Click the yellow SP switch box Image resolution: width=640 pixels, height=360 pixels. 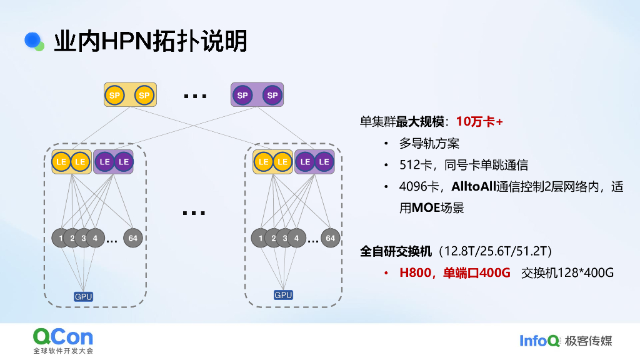pyautogui.click(x=130, y=95)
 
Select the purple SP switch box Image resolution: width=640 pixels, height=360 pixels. pyautogui.click(x=257, y=95)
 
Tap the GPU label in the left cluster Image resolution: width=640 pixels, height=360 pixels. pyautogui.click(x=83, y=296)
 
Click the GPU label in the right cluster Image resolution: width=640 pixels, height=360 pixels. pyautogui.click(x=283, y=295)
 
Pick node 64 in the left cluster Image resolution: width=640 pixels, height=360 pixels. pyautogui.click(x=132, y=238)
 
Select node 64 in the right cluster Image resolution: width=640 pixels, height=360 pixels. pyautogui.click(x=330, y=238)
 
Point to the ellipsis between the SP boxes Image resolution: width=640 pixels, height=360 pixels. pyautogui.click(x=194, y=96)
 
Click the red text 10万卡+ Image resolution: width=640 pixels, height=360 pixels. pyautogui.click(x=479, y=121)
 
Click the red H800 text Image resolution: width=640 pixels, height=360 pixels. pyautogui.click(x=417, y=273)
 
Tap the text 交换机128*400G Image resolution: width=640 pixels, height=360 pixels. pyautogui.click(x=567, y=273)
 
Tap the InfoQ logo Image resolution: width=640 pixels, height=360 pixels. pyautogui.click(x=539, y=341)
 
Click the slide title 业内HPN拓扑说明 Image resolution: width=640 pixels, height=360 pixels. pyautogui.click(x=151, y=41)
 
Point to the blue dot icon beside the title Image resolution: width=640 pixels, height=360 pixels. pyautogui.click(x=32, y=40)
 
